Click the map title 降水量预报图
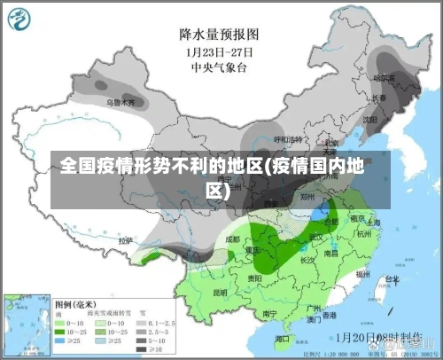pyautogui.click(x=219, y=35)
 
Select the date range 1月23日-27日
pyautogui.click(x=219, y=51)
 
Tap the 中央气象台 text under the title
pyautogui.click(x=219, y=66)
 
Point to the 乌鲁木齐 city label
pyautogui.click(x=122, y=103)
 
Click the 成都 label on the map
pyautogui.click(x=232, y=239)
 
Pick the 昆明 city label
pyautogui.click(x=220, y=292)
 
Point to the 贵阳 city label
pyautogui.click(x=255, y=278)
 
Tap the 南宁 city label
pyautogui.click(x=271, y=313)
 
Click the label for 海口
pyautogui.click(x=282, y=339)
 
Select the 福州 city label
pyautogui.click(x=363, y=275)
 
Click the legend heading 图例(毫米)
pyautogui.click(x=76, y=302)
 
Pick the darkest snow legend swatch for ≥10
pyautogui.click(x=143, y=350)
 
